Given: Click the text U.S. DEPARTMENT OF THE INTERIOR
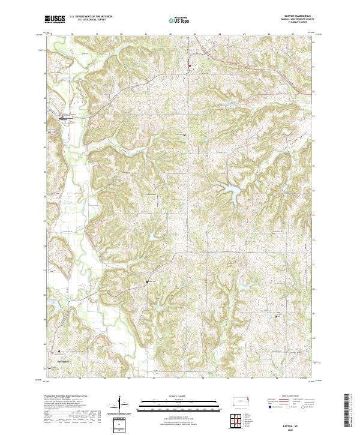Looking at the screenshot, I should (x=91, y=17).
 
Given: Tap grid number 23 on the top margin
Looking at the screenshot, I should (x=195, y=34).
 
